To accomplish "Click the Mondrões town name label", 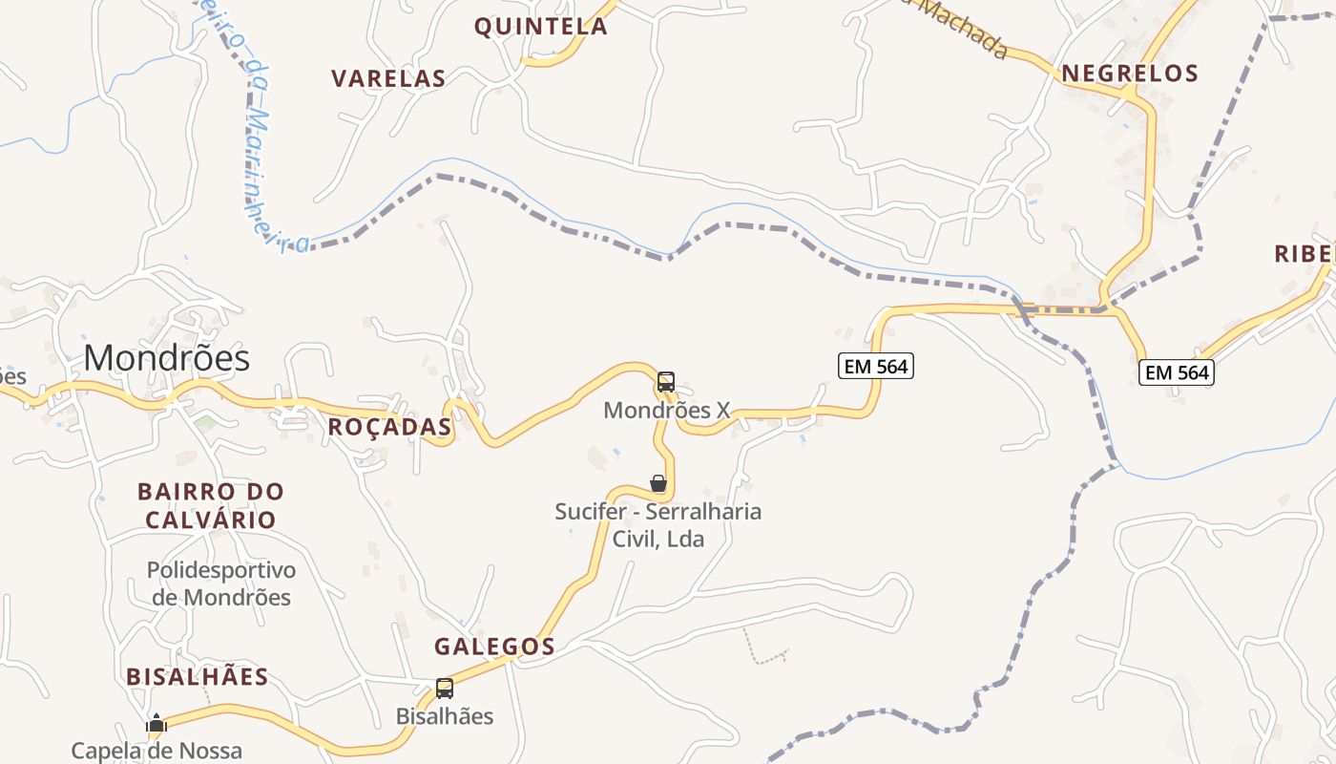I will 167,358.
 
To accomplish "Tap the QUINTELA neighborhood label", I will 541,27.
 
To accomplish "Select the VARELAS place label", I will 388,78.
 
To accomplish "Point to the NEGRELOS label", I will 1129,74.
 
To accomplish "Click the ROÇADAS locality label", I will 389,427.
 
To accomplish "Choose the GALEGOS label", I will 494,647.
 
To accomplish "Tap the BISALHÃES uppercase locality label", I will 198,677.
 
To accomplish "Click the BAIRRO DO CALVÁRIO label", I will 210,506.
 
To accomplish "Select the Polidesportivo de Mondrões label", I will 221,584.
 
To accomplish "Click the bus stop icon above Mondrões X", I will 666,382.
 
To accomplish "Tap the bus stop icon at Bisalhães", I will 445,688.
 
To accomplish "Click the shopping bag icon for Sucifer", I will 658,483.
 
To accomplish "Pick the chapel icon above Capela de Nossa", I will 157,724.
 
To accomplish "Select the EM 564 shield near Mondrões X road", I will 875,365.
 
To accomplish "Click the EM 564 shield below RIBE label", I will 1177,372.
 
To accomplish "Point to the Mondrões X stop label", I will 667,411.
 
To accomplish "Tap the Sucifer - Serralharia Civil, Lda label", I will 658,524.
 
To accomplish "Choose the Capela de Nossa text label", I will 157,751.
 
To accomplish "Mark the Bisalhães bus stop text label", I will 445,716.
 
